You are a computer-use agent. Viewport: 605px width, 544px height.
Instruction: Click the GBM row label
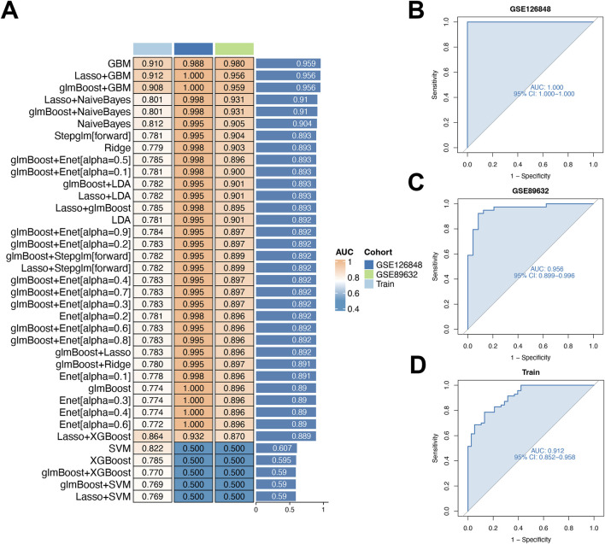[x=119, y=63]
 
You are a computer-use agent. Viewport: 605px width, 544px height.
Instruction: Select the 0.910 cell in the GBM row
[x=152, y=63]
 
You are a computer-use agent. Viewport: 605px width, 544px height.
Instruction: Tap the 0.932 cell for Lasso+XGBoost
[x=193, y=436]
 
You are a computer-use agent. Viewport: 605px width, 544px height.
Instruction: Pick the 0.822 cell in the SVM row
[x=152, y=448]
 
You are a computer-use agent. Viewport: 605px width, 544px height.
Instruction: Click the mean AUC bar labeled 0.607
[x=276, y=448]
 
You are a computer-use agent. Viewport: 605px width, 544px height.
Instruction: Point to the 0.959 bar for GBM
[x=288, y=63]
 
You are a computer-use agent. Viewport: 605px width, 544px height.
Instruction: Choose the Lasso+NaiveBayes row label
[x=87, y=100]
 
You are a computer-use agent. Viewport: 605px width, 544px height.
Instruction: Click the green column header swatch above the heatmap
[x=234, y=49]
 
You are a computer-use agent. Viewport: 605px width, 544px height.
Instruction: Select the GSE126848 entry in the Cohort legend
[x=393, y=265]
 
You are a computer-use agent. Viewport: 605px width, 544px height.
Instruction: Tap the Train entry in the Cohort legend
[x=379, y=284]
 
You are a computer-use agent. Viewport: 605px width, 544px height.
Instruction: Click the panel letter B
[x=416, y=10]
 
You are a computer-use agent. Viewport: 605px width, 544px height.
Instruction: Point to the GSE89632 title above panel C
[x=530, y=190]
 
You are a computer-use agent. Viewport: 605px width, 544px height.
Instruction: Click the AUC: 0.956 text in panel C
[x=547, y=269]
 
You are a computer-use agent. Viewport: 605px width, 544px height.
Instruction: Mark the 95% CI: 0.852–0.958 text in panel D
[x=544, y=457]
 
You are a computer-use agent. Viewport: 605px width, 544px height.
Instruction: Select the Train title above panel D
[x=531, y=372]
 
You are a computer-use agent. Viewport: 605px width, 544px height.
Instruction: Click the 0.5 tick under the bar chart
[x=290, y=510]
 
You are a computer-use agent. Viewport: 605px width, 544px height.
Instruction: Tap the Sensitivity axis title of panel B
[x=434, y=85]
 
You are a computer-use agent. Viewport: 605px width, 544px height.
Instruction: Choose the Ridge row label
[x=117, y=148]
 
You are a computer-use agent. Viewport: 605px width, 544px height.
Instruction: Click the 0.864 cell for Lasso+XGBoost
[x=152, y=436]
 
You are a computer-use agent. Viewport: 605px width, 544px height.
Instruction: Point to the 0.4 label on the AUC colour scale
[x=354, y=309]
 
